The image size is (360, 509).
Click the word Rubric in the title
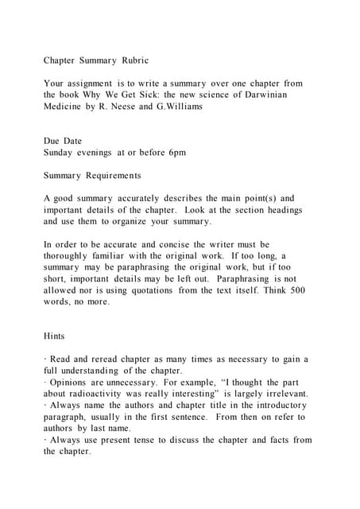[134, 60]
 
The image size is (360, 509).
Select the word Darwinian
[261, 95]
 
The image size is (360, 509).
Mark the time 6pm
[175, 153]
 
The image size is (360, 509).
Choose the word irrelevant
[282, 394]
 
